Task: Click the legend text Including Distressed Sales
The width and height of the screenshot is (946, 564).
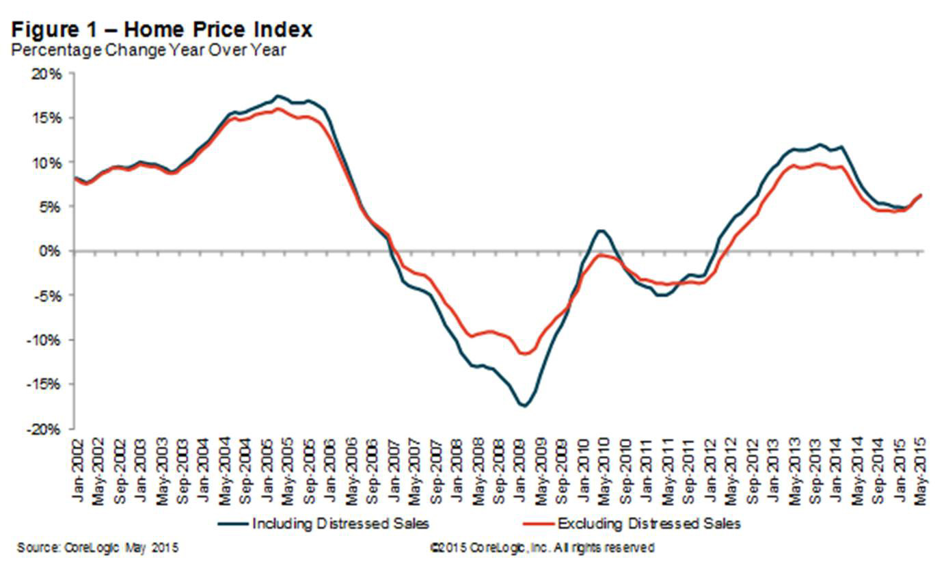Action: click(x=340, y=524)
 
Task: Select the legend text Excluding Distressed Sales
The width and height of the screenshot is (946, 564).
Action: click(x=649, y=524)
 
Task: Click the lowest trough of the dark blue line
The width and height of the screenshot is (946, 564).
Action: click(x=524, y=405)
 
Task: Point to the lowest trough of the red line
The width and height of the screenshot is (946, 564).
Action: click(x=524, y=353)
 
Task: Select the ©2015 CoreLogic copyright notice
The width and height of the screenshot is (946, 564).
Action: click(x=541, y=548)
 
